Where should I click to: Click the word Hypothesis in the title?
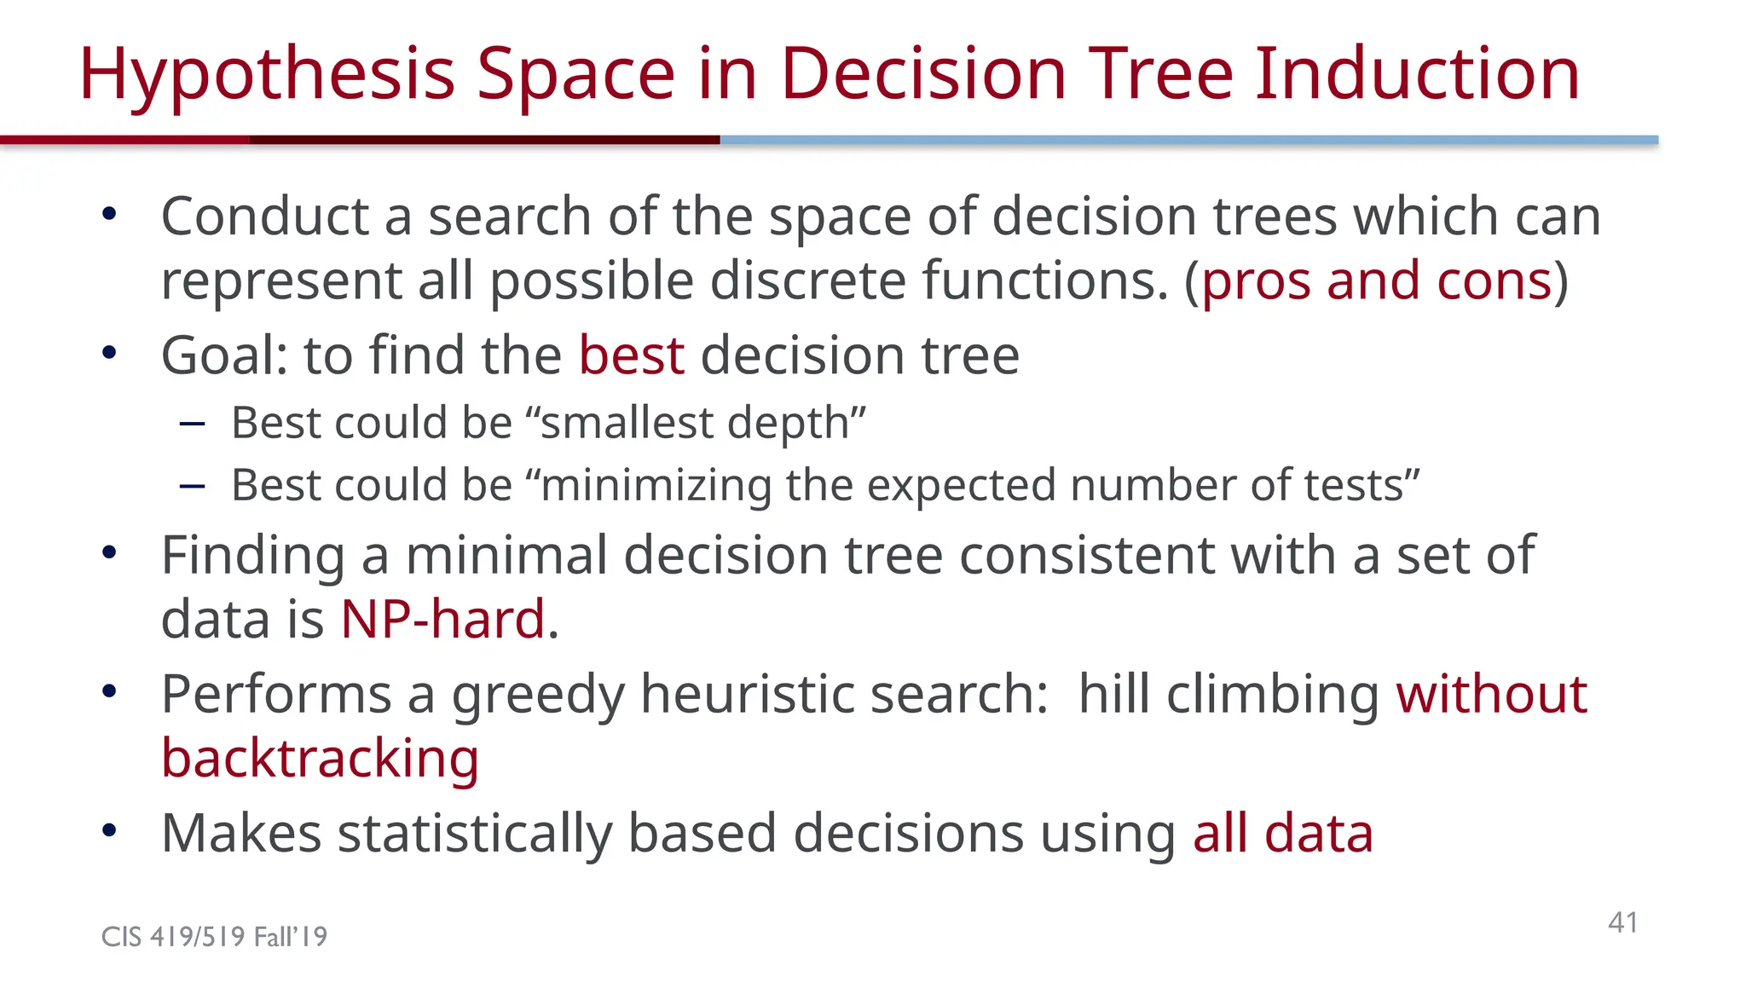coord(267,75)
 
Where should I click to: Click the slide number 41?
coord(1622,922)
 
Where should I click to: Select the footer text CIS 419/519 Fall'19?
coord(214,937)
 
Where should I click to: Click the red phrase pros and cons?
coord(1376,281)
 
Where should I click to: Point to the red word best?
coord(631,355)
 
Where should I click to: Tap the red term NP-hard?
coord(442,620)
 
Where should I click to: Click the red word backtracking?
coord(320,759)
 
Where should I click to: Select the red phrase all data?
coord(1282,834)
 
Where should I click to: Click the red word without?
coord(1491,694)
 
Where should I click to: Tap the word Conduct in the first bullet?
coord(264,217)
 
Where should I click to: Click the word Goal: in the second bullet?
coord(225,355)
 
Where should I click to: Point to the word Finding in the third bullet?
coord(253,556)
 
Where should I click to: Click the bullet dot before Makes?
coord(108,830)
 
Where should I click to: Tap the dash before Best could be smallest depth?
coord(193,424)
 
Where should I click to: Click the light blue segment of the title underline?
coord(1188,140)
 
